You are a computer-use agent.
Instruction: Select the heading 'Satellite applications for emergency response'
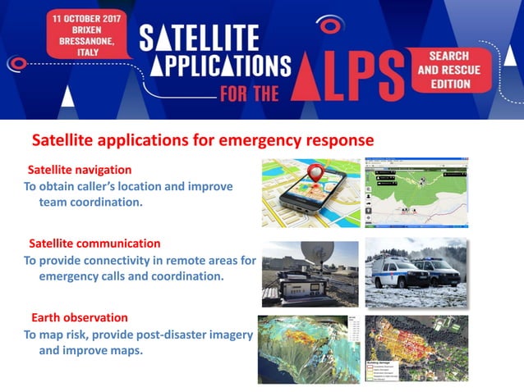pyautogui.click(x=202, y=140)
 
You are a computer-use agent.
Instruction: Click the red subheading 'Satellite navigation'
pyautogui.click(x=80, y=170)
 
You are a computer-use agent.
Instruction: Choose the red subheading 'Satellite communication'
pyautogui.click(x=94, y=244)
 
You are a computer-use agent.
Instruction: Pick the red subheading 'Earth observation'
pyautogui.click(x=80, y=317)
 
